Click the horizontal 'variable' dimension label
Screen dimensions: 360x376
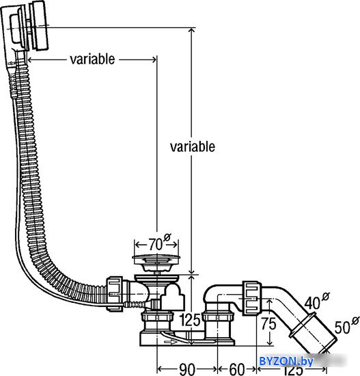pyautogui.click(x=92, y=59)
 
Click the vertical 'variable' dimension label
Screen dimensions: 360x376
pyautogui.click(x=193, y=146)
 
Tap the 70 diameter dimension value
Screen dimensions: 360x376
pyautogui.click(x=155, y=245)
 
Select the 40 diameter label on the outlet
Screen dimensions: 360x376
pyautogui.click(x=311, y=303)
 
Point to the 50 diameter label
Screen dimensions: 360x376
pyautogui.click(x=342, y=327)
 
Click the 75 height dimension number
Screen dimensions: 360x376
pyautogui.click(x=268, y=323)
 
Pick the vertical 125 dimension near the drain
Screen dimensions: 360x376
pyautogui.click(x=190, y=320)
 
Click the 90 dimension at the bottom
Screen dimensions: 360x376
pyautogui.click(x=187, y=369)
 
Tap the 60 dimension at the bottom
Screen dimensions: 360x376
pyautogui.click(x=237, y=369)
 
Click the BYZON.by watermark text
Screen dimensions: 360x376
pyautogui.click(x=286, y=361)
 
